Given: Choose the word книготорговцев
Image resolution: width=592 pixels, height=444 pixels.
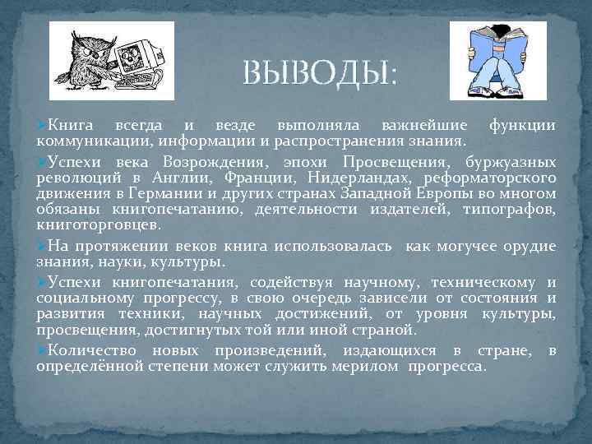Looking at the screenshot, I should tap(99, 224).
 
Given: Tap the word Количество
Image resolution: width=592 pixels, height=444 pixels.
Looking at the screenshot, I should tap(86, 350).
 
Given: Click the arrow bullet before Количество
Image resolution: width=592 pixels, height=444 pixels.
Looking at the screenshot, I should tap(41, 350).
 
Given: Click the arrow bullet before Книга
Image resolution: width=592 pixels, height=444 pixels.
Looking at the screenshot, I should tap(41, 125).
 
